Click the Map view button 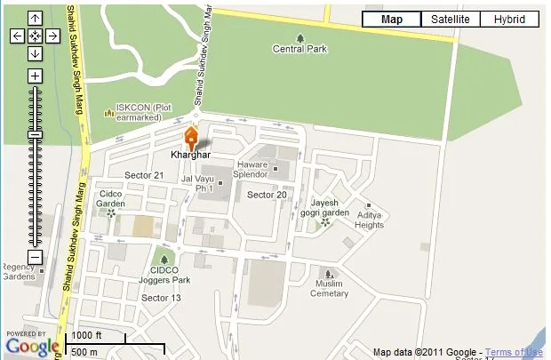pos(392,20)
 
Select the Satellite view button pos(451,20)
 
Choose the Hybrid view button pos(509,20)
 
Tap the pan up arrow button pos(35,19)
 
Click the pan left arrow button pos(17,36)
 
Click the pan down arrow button pos(35,53)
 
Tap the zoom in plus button pos(35,76)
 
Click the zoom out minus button pos(35,257)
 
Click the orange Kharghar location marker pos(190,138)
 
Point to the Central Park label pos(299,49)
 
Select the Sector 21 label pos(143,175)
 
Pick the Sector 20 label pos(267,195)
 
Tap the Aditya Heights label pos(369,220)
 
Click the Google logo pos(32,345)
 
